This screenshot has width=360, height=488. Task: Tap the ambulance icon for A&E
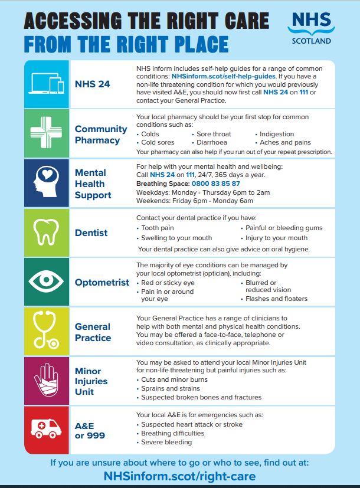pos(46,429)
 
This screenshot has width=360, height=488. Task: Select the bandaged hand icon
pos(46,380)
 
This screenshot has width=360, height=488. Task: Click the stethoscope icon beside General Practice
pos(46,331)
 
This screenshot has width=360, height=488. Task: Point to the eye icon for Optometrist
pos(46,281)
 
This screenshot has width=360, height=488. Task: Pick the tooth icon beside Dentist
pos(46,232)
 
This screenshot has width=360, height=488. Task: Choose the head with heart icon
pos(46,183)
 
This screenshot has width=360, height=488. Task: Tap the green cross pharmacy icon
pos(46,134)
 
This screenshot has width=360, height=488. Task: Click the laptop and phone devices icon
pos(46,84)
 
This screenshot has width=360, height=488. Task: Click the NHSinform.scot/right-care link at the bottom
pos(180,476)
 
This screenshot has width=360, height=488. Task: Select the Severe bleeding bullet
pos(166,442)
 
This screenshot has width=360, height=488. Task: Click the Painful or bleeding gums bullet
pos(284,228)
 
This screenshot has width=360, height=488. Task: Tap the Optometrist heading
pos(102,282)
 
